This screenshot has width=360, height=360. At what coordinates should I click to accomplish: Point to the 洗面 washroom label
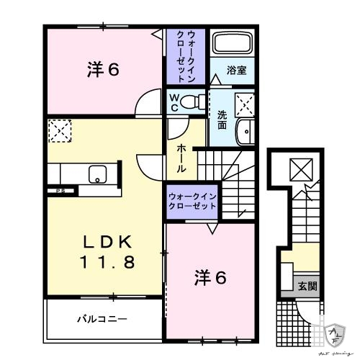(x=222, y=119)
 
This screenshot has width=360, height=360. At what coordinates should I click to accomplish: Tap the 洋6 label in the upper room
(x=102, y=71)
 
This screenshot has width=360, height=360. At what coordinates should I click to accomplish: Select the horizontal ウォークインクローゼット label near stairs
(x=192, y=200)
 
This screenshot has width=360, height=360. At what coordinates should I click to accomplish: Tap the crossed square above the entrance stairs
(x=297, y=170)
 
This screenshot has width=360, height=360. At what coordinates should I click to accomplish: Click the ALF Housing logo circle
(x=335, y=333)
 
